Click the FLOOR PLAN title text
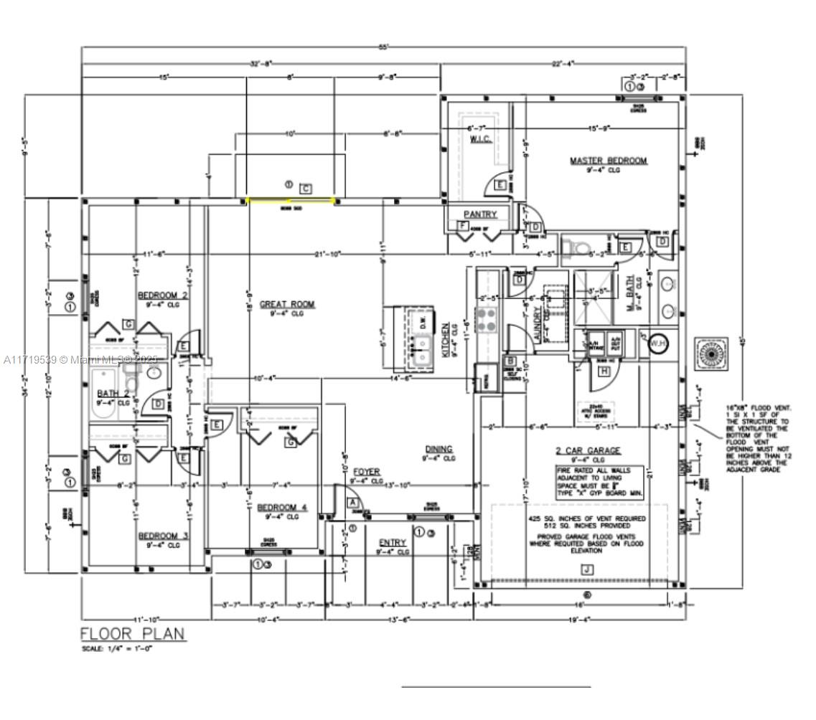tap(132, 634)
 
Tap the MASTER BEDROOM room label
tap(608, 161)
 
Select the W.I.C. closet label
tap(480, 138)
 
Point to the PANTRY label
tap(479, 214)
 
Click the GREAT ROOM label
tap(287, 304)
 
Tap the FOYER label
tap(365, 472)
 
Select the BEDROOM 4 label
tap(282, 507)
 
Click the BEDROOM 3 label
tap(163, 536)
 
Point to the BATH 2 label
tap(113, 393)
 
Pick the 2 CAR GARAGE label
tap(588, 450)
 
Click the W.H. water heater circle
tap(657, 344)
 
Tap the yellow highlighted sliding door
tap(291, 201)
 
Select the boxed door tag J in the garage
tap(588, 569)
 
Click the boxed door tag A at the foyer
tap(352, 503)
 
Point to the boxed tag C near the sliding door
tap(306, 188)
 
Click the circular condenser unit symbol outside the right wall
tap(711, 354)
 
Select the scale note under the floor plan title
tap(117, 649)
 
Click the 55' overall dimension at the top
tap(384, 47)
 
